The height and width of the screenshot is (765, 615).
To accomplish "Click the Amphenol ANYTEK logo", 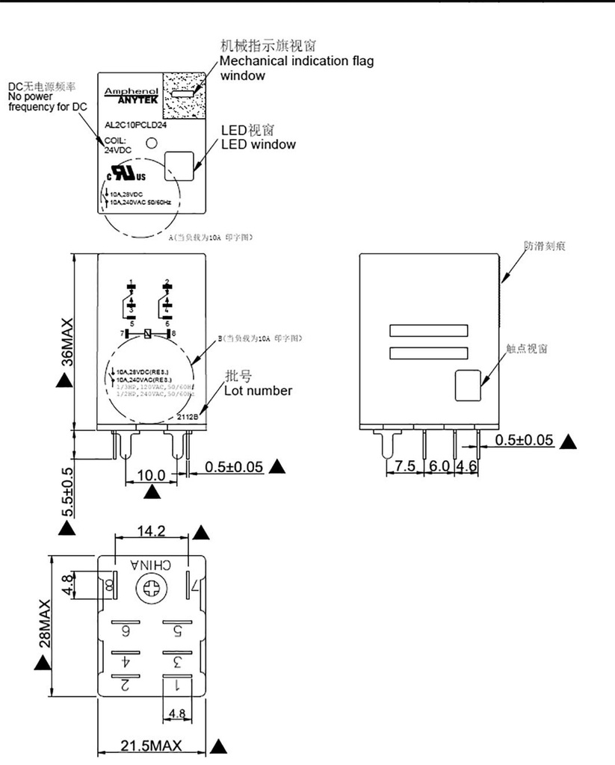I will pos(126,93).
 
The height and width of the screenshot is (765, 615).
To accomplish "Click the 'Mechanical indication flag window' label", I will pos(296,68).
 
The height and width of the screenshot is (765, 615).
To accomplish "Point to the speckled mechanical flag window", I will pos(184,94).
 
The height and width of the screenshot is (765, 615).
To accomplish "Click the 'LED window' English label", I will pos(259,144).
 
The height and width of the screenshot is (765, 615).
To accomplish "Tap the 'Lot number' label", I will pos(259,390).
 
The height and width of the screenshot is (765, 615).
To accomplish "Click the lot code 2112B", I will pos(188,417).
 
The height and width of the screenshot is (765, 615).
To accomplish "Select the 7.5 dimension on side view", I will pos(404,465).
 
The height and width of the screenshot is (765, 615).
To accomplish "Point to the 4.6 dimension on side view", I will pos(466,465).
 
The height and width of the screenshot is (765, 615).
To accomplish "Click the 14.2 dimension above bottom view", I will pos(151,532).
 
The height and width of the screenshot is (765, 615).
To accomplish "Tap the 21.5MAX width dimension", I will pos(151,746).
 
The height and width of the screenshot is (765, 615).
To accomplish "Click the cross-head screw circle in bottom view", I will pos(149,590).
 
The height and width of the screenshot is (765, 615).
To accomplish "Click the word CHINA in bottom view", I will pos(151,566).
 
